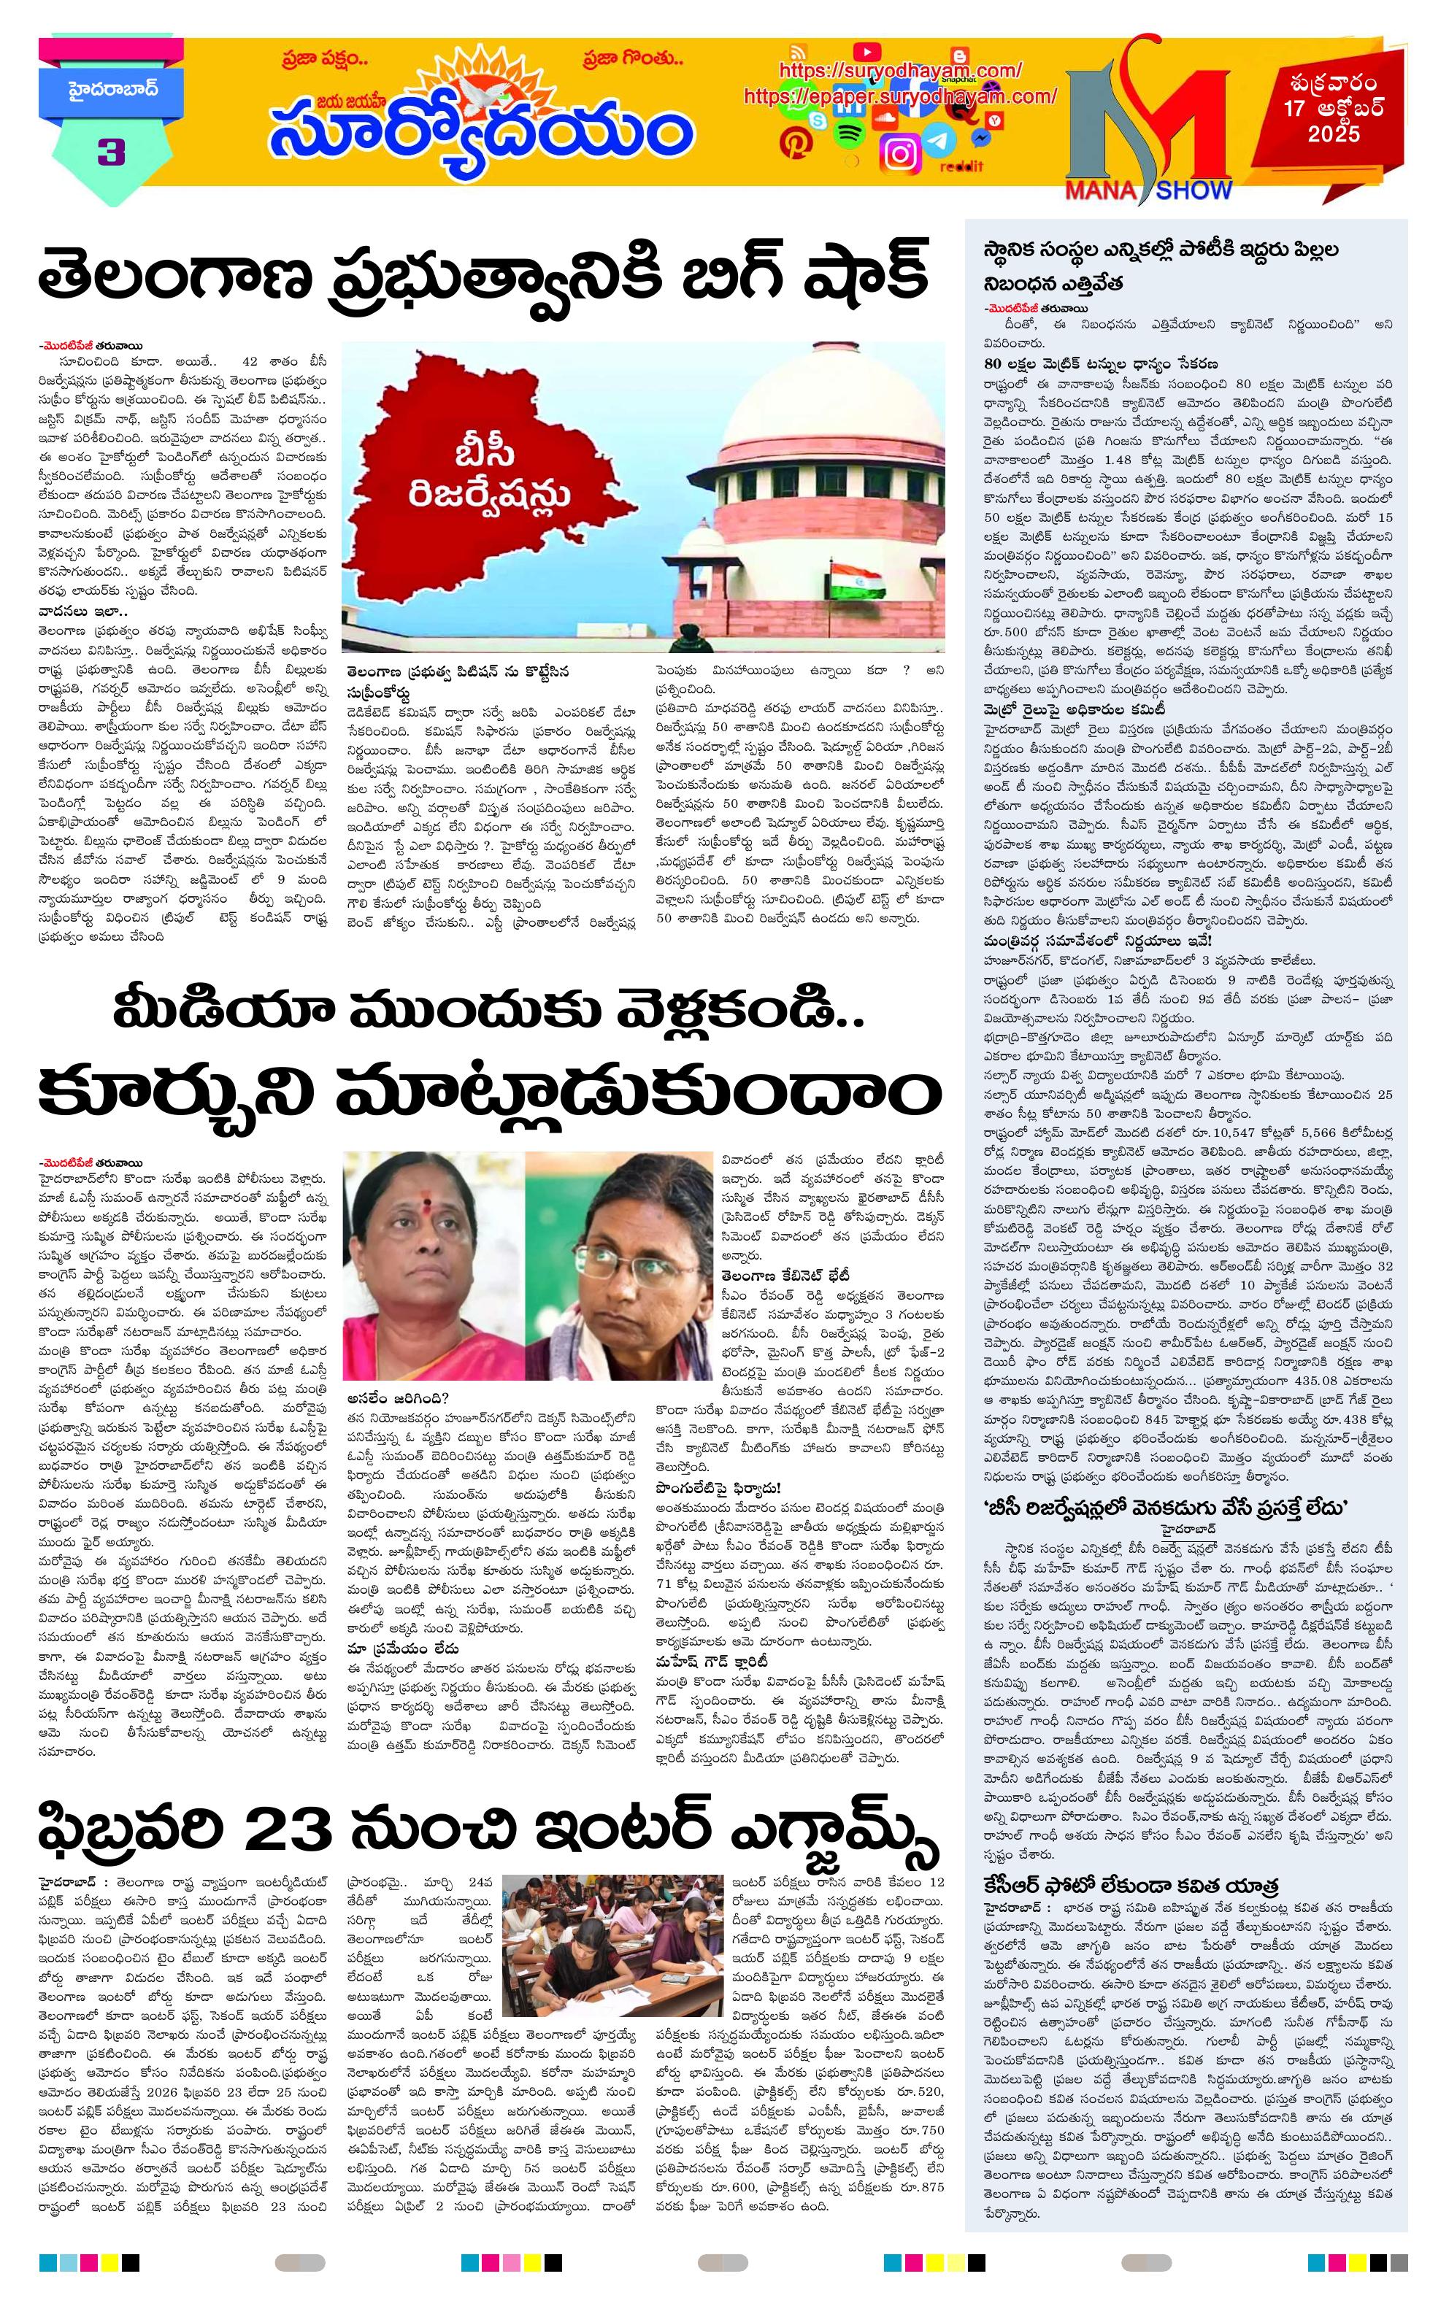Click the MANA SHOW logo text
pos(1149,190)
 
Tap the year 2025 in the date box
pos(1334,134)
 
